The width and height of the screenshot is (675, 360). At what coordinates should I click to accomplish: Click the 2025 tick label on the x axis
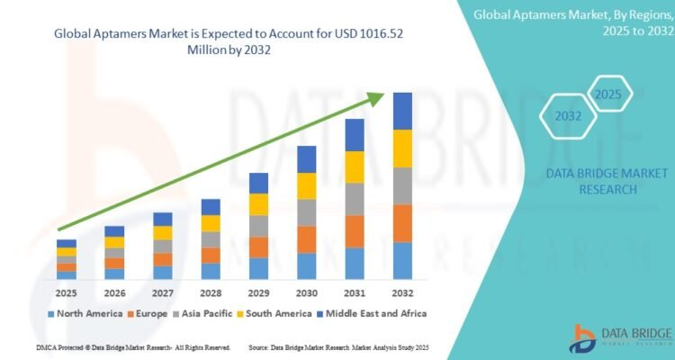coord(67,293)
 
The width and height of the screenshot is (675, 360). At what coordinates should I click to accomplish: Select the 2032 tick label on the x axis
coord(402,293)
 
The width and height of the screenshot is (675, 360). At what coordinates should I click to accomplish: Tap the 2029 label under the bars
coord(258,293)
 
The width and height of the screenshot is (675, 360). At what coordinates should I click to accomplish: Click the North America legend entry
coord(85,313)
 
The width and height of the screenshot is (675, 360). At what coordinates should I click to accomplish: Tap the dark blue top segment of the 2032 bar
coord(402,111)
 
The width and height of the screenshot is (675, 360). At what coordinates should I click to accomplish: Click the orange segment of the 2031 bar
coord(355,231)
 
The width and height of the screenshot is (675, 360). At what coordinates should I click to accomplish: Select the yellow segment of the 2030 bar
coord(307,185)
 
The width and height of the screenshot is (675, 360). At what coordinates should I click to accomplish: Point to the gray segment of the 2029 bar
coord(258,226)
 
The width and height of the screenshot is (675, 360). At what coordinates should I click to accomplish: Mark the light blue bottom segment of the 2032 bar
coord(402,261)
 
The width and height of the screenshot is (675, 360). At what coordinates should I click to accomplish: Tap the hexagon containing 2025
coord(609,94)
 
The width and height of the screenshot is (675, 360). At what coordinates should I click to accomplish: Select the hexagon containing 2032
coord(567,116)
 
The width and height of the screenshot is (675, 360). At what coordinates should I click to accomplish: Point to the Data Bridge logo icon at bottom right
coord(584,336)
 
